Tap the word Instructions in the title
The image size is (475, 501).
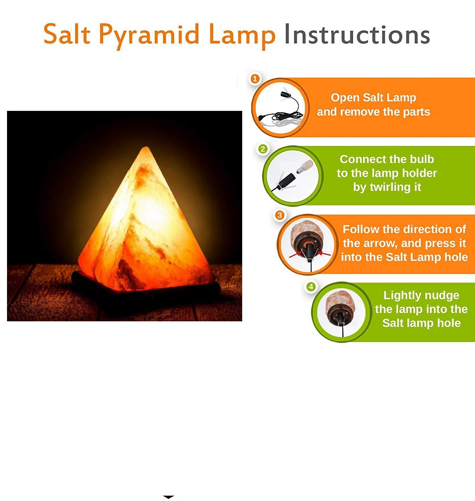[357, 34]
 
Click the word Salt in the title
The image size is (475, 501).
[67, 34]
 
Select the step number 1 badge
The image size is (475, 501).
[255, 79]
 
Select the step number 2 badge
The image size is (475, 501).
[263, 149]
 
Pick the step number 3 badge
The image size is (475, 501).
[280, 215]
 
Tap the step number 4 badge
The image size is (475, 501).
[311, 287]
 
